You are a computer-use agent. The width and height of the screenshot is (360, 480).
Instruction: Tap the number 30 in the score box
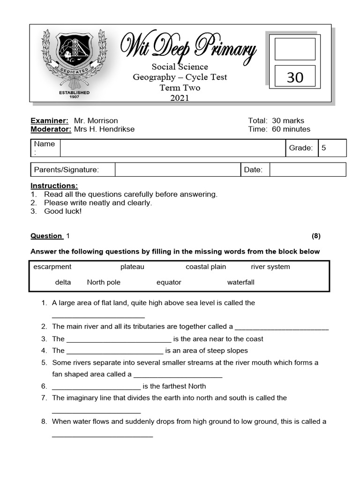click(x=295, y=77)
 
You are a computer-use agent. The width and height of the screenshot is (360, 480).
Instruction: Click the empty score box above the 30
click(x=295, y=49)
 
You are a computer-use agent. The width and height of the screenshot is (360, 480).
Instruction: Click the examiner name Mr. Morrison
click(x=96, y=120)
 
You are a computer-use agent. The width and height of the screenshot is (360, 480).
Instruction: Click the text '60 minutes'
click(x=291, y=129)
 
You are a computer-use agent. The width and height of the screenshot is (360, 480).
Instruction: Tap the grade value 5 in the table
click(x=323, y=148)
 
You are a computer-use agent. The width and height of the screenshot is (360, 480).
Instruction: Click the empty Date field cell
click(x=307, y=170)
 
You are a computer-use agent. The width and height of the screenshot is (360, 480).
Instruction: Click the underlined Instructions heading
click(x=54, y=186)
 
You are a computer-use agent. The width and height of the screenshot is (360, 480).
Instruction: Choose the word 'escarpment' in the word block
click(x=52, y=267)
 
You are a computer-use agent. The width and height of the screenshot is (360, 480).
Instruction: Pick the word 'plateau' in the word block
click(x=132, y=267)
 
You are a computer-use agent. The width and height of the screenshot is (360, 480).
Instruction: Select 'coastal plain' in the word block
click(x=206, y=267)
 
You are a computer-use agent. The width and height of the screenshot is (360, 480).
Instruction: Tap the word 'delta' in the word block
click(x=63, y=282)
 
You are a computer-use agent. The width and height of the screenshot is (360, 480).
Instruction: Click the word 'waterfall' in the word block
click(x=241, y=282)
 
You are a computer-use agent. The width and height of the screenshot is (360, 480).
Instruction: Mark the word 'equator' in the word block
click(x=169, y=282)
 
